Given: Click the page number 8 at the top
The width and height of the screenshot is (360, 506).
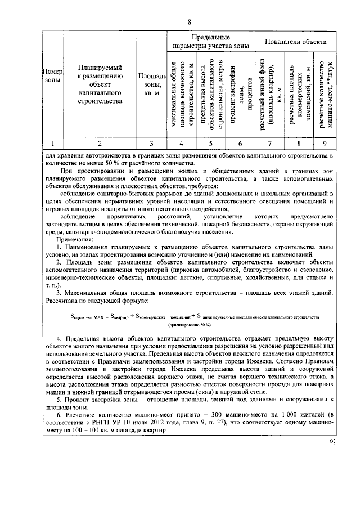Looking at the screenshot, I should pyautogui.click(x=190, y=21).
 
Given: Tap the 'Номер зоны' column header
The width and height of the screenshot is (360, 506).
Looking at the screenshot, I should pyautogui.click(x=52, y=76).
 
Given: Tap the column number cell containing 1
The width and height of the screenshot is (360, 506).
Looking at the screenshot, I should pyautogui.click(x=52, y=142).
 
